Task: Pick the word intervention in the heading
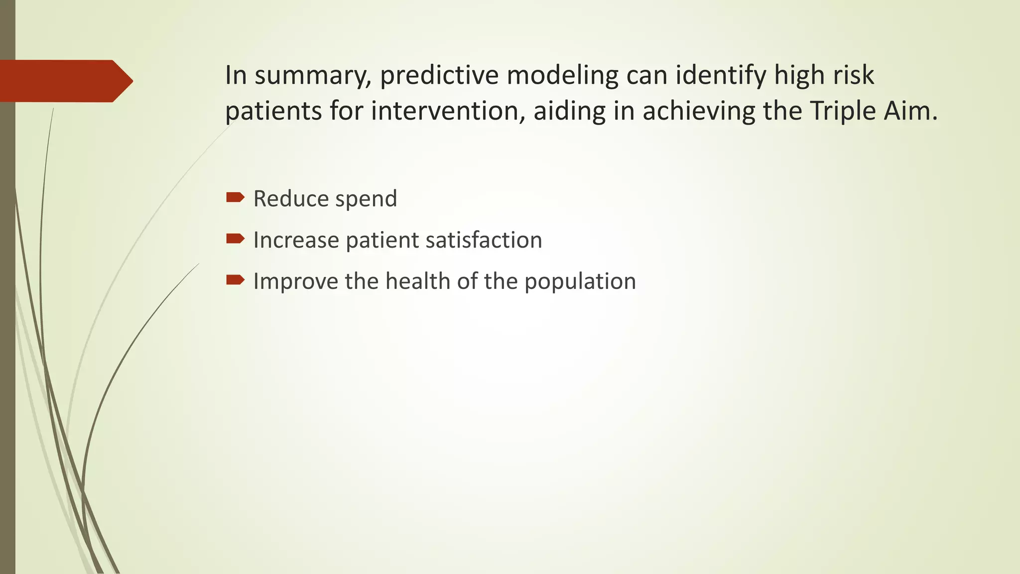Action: (448, 111)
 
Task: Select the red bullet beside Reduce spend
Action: (235, 198)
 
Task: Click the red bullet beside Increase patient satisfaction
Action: (235, 239)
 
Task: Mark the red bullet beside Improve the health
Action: (235, 280)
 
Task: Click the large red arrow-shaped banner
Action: (65, 81)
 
